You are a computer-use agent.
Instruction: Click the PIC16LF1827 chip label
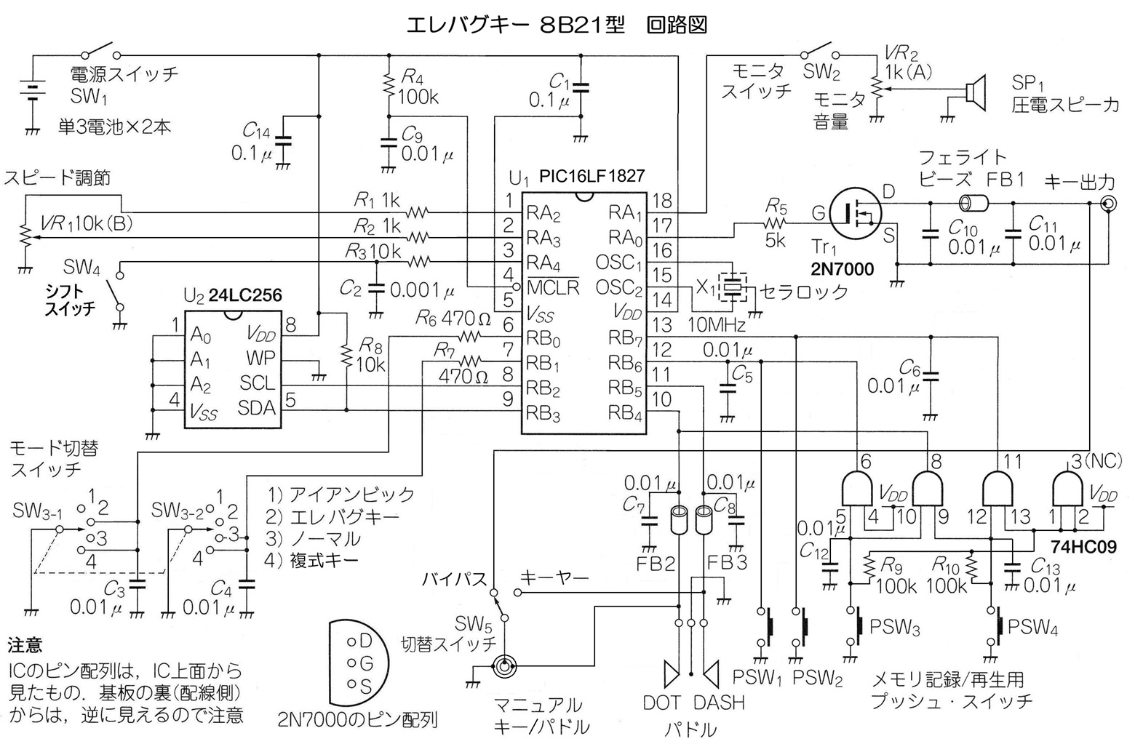point(592,176)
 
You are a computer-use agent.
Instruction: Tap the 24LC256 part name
point(245,295)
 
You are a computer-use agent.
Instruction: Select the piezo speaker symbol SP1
point(975,93)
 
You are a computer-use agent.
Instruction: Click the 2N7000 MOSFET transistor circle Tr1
point(856,212)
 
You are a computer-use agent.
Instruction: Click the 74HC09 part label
point(1084,547)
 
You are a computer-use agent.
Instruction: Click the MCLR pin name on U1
point(553,287)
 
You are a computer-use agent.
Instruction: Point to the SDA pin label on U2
point(257,408)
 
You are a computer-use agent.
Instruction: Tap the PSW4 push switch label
point(1032,628)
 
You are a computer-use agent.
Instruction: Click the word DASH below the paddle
point(719,703)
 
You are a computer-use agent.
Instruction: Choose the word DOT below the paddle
point(662,703)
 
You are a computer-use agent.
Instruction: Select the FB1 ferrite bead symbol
point(974,204)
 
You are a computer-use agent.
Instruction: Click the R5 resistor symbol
point(776,223)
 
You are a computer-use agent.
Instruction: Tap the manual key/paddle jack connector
point(505,668)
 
